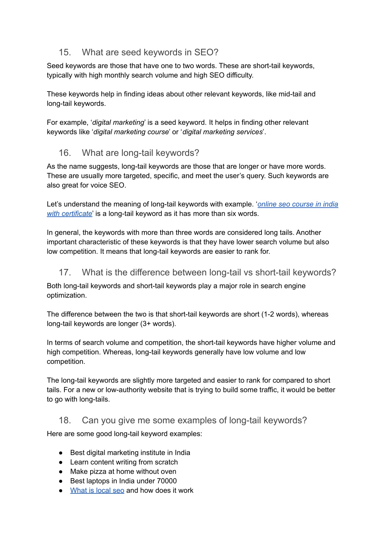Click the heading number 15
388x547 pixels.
tap(65, 52)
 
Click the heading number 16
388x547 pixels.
tap(65, 153)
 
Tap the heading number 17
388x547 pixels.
tap(65, 272)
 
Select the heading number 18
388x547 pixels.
tap(65, 420)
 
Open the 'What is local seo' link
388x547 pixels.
tap(97, 490)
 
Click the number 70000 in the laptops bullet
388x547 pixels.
tap(167, 481)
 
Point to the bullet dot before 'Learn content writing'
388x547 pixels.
tap(61, 462)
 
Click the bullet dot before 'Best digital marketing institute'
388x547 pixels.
tap(61, 453)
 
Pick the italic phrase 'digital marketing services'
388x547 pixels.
tap(222, 132)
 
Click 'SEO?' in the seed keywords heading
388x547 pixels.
tap(207, 52)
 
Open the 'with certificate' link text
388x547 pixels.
tap(69, 213)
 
